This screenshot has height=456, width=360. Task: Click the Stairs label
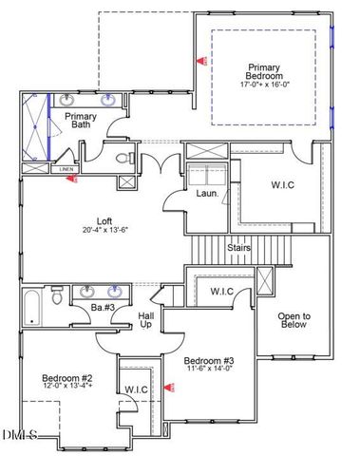click(x=238, y=248)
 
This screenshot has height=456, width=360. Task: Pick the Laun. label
click(x=207, y=194)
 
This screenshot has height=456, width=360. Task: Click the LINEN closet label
click(x=66, y=170)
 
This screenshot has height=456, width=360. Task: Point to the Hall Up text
click(x=146, y=319)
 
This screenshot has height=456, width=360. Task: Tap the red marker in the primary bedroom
click(x=200, y=59)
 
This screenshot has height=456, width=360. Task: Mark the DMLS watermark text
click(x=19, y=436)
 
